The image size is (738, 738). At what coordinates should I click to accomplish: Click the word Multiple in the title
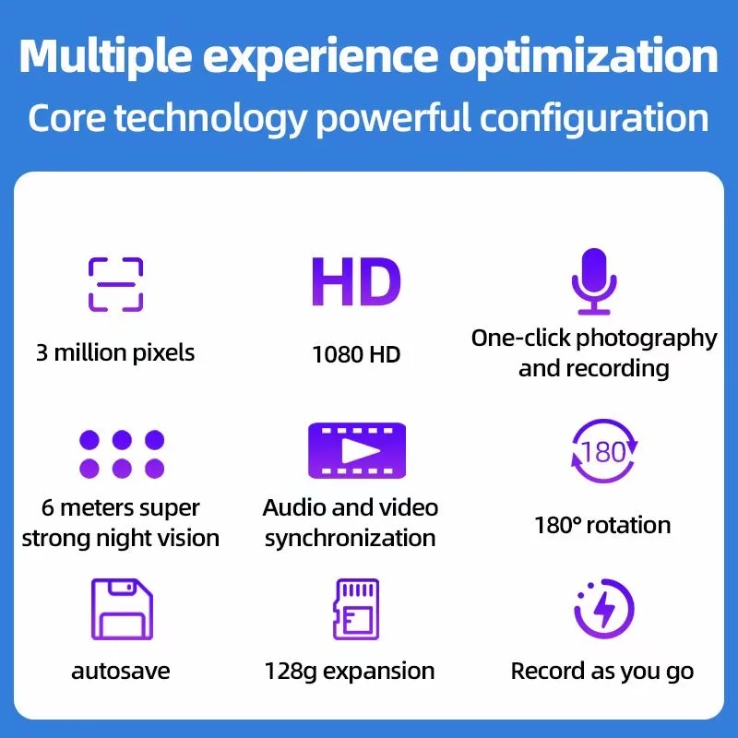[102, 56]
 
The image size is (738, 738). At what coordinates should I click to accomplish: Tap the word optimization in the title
[583, 56]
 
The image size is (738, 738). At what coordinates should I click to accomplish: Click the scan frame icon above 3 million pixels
[115, 284]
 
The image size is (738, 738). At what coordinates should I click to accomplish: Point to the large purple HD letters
[356, 282]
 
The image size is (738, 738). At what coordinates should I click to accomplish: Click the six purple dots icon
[121, 453]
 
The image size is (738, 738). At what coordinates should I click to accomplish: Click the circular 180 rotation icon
[603, 452]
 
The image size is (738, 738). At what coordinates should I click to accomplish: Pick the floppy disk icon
[121, 610]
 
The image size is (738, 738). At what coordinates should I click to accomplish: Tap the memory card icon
[355, 609]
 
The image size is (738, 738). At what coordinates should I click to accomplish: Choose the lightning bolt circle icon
[603, 610]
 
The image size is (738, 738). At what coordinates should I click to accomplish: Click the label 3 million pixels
[115, 352]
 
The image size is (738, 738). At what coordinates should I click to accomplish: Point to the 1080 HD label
[356, 354]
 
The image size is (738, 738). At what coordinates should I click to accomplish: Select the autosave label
[121, 671]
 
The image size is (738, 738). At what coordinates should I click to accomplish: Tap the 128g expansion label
[350, 671]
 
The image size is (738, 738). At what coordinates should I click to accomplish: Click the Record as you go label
[602, 671]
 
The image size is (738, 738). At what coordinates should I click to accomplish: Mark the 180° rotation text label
[602, 526]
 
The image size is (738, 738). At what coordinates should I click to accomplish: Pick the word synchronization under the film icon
[351, 538]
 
